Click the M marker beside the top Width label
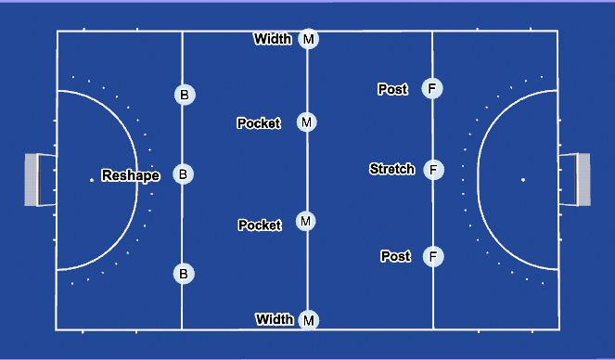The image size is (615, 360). pos(309,39)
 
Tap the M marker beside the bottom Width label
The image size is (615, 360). pos(309,320)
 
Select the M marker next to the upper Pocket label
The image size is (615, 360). pos(307,122)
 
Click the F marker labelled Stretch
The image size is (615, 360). pos(432,170)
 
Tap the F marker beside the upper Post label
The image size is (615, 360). pos(431,89)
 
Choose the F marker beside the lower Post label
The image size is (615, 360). pos(432,256)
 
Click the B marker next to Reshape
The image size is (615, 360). pos(184,174)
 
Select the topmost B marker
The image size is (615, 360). pos(184,94)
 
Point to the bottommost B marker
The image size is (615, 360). pos(184,273)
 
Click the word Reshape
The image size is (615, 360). pos(131,175)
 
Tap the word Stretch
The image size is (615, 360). pos(391,169)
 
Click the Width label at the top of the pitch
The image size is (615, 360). pos(273,39)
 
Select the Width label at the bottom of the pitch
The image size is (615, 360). pos(275,319)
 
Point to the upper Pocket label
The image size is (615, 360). pos(259,123)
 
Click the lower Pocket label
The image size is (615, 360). pos(260,225)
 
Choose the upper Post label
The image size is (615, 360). pos(393,89)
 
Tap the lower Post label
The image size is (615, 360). pos(396,256)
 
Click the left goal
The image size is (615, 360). pos(39,179)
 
